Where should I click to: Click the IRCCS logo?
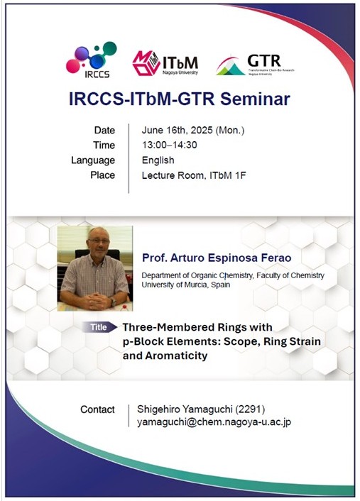[x=91, y=60]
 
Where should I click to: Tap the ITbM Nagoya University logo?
[x=165, y=63]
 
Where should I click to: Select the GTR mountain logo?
[x=255, y=65]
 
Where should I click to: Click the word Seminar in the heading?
[x=255, y=99]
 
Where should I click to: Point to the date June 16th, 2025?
[x=177, y=130]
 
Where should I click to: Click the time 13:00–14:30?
[x=170, y=145]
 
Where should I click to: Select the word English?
[x=158, y=160]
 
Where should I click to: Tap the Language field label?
[x=93, y=160]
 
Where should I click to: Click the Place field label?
[x=102, y=175]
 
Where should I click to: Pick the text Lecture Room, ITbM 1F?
[x=194, y=175]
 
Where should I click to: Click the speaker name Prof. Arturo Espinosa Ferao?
[x=217, y=258]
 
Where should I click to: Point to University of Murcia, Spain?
[x=186, y=285]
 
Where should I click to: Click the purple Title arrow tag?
[x=99, y=327]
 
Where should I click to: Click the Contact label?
[x=97, y=409]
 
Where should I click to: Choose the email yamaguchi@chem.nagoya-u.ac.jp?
[x=214, y=422]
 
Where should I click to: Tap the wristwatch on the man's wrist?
[x=112, y=302]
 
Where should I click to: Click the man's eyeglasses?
[x=98, y=241]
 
